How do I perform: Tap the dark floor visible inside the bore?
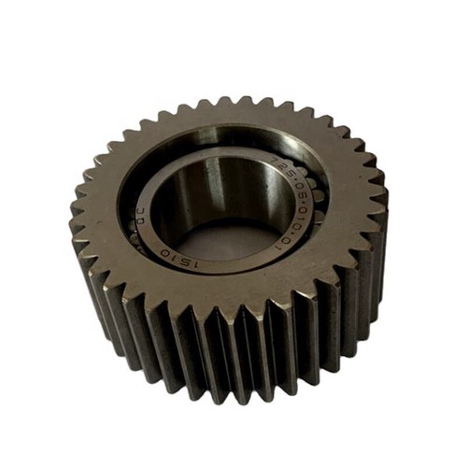(229, 238)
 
